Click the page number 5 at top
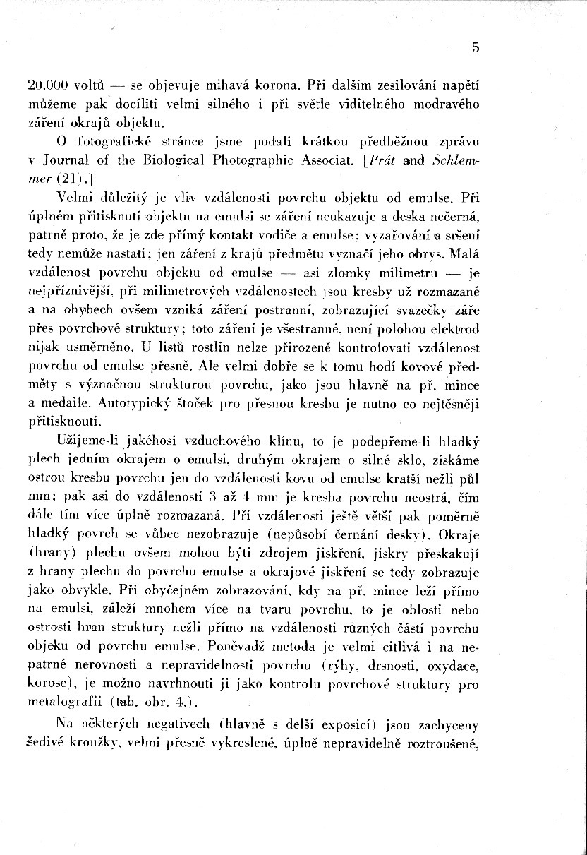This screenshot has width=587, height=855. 476,48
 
